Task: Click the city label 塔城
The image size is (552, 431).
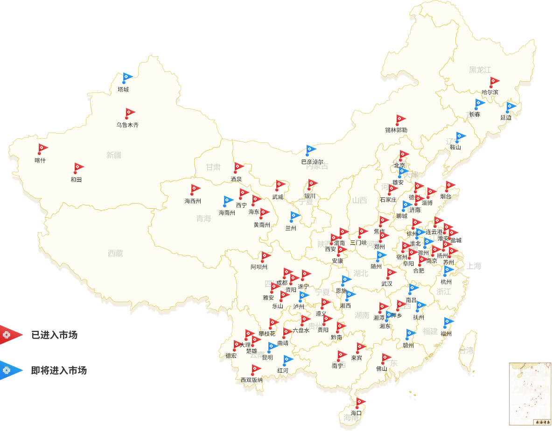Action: [123, 89]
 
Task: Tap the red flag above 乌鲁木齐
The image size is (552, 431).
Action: [130, 113]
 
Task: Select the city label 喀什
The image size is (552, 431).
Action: [40, 160]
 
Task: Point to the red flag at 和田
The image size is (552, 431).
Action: [79, 167]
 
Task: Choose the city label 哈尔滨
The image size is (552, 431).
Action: [490, 92]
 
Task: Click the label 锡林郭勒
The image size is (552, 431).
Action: [396, 130]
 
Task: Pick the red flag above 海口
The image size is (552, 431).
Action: [360, 402]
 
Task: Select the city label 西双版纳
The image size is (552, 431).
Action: [252, 380]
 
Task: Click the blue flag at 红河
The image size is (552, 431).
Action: [288, 359]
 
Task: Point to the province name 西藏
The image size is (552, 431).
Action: [115, 253]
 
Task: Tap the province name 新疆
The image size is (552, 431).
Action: [114, 155]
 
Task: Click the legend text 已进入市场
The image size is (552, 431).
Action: [54, 334]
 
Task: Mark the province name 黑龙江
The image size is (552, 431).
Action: [480, 70]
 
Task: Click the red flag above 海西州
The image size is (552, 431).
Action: [196, 189]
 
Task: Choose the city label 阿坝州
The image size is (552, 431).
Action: [259, 267]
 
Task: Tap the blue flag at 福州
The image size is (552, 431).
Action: [449, 321]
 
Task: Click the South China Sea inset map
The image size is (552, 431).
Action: [530, 393]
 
